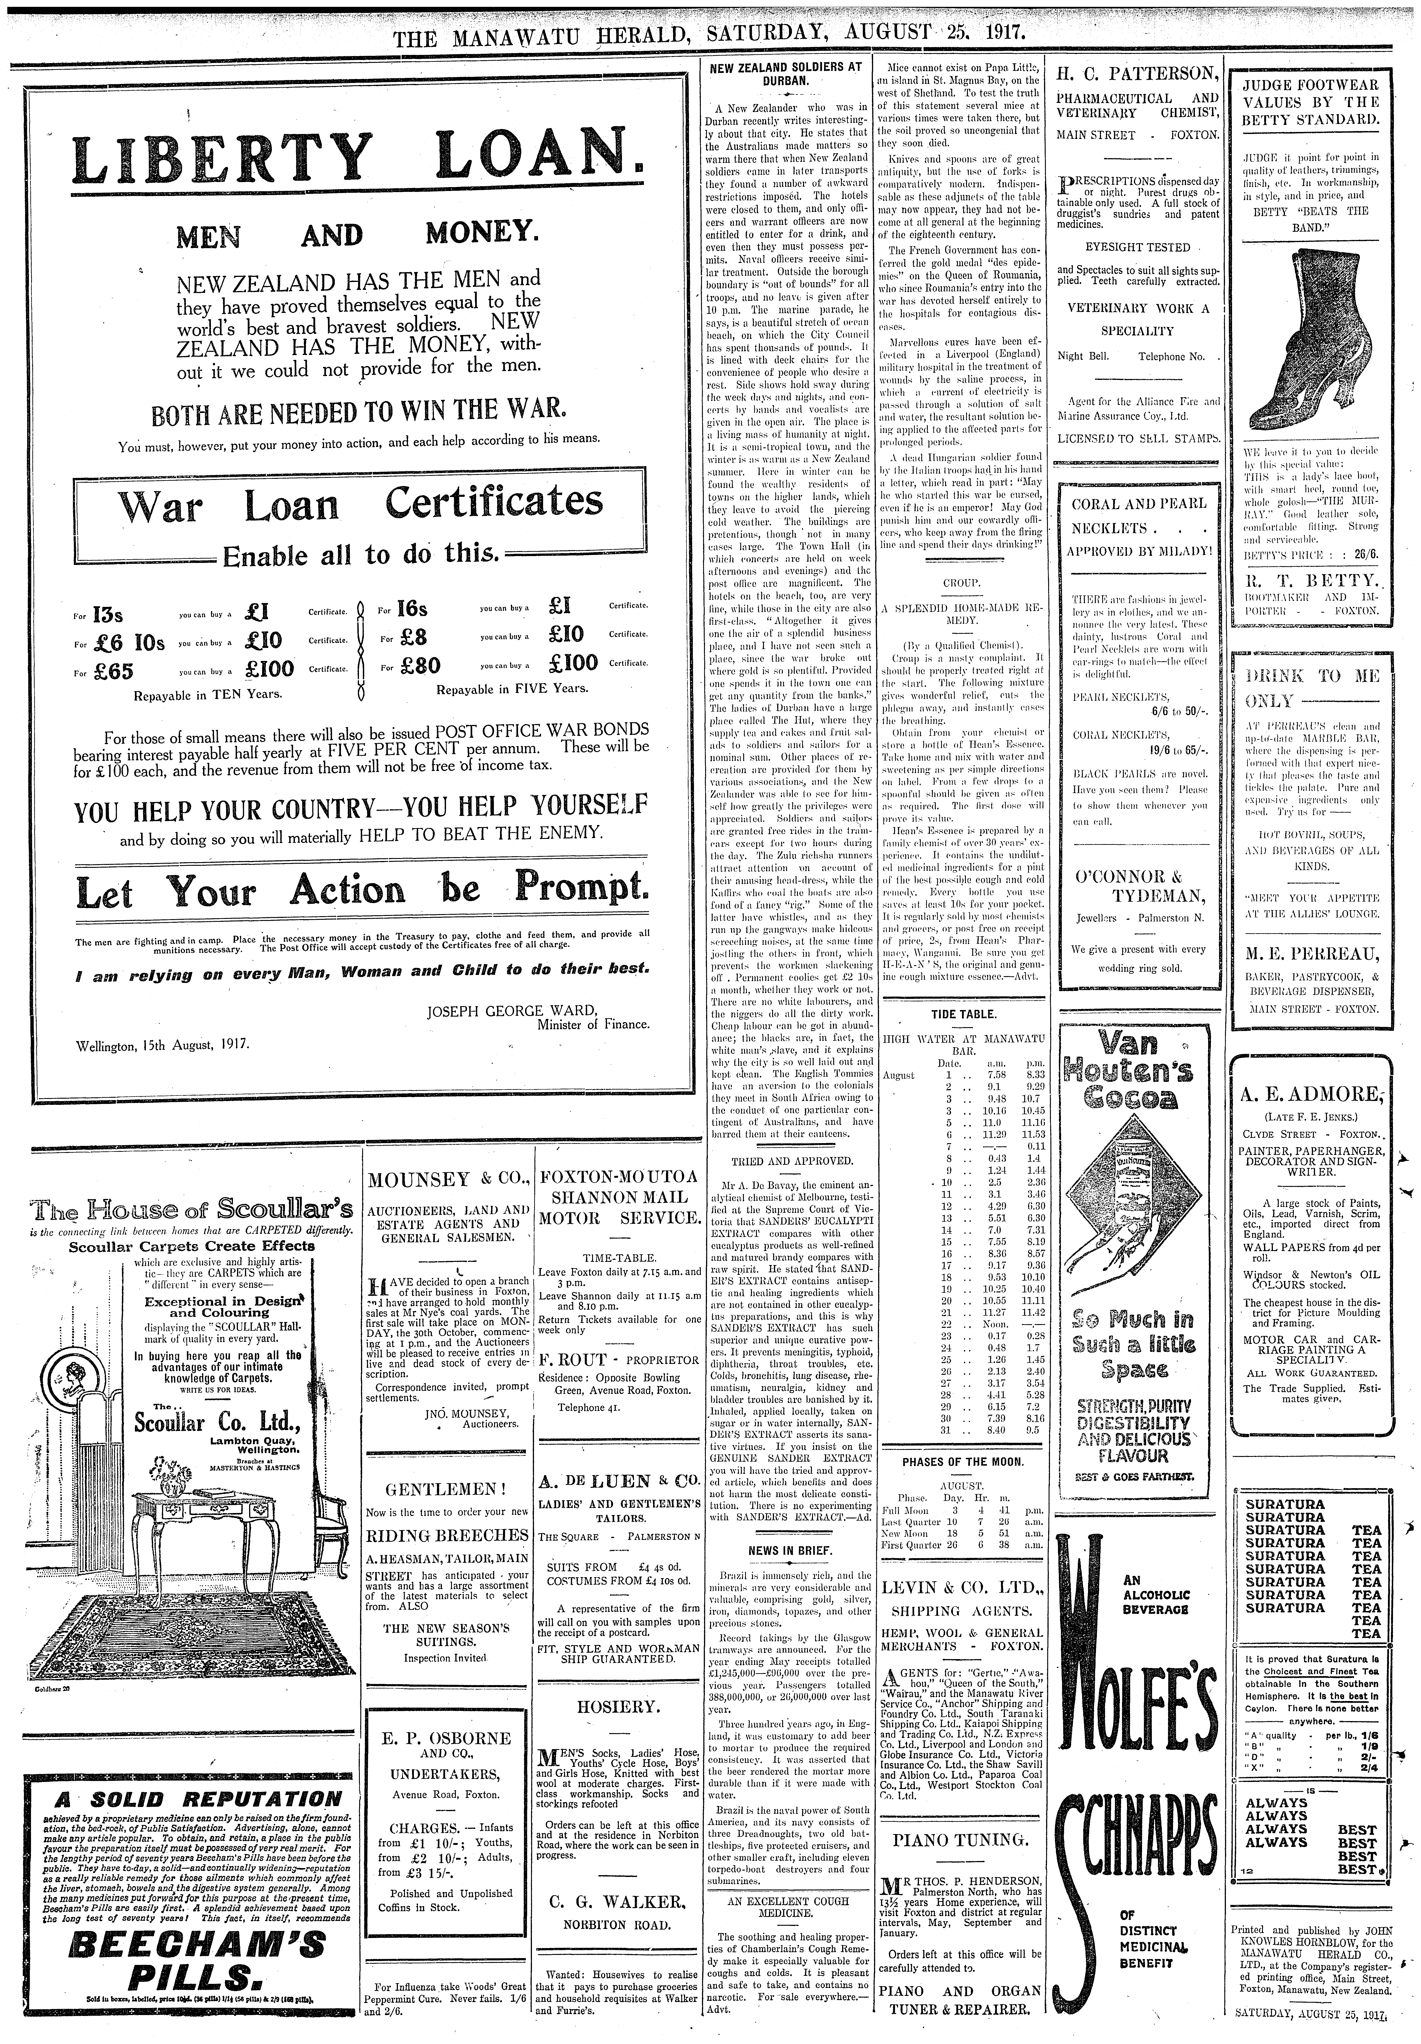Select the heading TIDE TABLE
point(963,1014)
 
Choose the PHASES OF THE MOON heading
point(963,1462)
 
